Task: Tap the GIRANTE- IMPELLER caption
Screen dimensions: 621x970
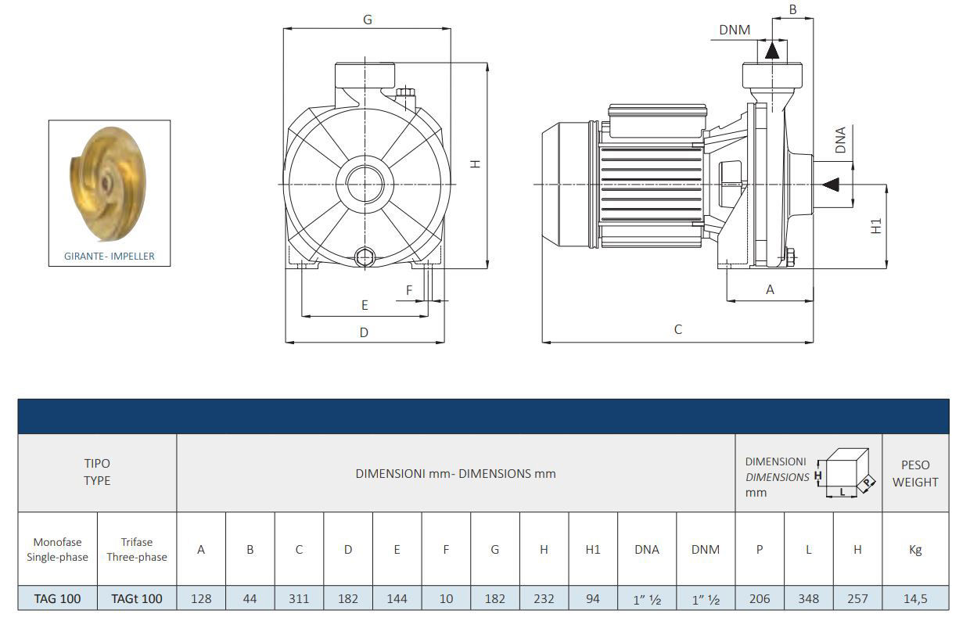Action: [x=110, y=256]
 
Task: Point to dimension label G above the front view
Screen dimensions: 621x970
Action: [x=367, y=20]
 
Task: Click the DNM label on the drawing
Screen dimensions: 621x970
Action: [x=735, y=31]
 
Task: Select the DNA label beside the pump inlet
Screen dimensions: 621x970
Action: [x=840, y=139]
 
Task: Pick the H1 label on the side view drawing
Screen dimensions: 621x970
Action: [x=877, y=226]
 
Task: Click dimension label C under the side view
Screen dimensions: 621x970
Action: [x=677, y=329]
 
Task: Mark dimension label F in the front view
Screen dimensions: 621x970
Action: [x=409, y=290]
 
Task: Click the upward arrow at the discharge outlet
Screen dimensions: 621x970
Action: [x=772, y=50]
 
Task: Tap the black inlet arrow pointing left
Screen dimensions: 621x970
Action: [x=830, y=185]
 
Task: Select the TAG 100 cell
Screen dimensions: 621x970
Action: [x=57, y=598]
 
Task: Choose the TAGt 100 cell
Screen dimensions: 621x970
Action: [x=137, y=598]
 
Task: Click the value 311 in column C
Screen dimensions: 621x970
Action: [x=299, y=598]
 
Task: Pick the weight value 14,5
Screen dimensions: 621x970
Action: [x=915, y=598]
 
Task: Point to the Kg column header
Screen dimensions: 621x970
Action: [x=915, y=549]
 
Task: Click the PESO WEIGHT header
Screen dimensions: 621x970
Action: [x=915, y=474]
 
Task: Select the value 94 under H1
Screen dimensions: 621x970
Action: [x=593, y=598]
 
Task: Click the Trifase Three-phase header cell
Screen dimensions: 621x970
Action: [x=137, y=549]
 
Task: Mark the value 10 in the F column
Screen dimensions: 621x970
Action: [x=446, y=598]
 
